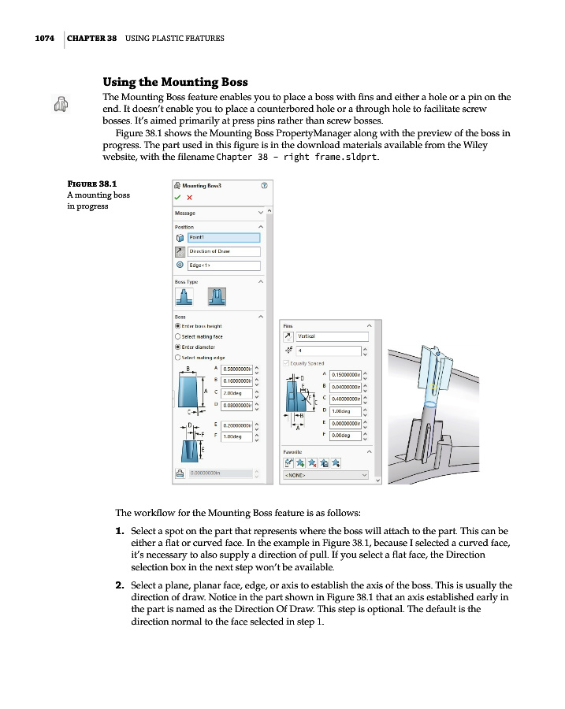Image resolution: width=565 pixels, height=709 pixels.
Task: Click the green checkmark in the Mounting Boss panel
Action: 178,197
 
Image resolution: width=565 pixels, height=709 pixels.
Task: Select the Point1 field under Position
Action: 224,237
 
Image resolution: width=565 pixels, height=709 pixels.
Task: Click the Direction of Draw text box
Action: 224,251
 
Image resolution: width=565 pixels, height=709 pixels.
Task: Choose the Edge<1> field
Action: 224,265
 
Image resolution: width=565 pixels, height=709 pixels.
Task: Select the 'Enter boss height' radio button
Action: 178,325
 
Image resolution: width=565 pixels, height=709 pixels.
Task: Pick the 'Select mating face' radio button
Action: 178,336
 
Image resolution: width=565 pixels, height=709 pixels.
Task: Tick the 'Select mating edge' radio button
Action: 178,357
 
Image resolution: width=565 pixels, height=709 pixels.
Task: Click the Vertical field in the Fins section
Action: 329,336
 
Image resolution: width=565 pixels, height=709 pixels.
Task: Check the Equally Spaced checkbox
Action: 285,363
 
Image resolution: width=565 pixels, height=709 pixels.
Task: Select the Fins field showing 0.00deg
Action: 345,435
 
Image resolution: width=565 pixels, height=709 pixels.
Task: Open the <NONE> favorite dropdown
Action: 325,475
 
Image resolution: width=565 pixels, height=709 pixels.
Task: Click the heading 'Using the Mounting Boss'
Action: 175,82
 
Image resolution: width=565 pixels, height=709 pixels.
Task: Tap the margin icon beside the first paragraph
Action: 59,103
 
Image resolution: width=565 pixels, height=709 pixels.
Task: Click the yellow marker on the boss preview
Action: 433,386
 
